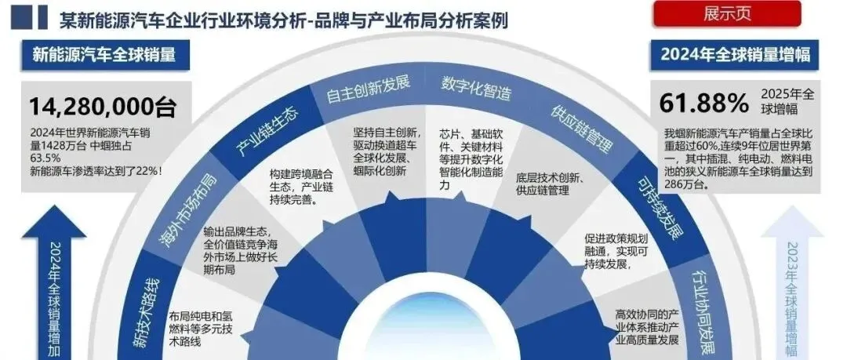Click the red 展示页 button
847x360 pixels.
pyautogui.click(x=727, y=14)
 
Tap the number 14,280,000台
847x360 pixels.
pyautogui.click(x=103, y=106)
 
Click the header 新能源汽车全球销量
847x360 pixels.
pyautogui.click(x=103, y=56)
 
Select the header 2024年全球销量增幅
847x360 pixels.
pyautogui.click(x=734, y=56)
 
